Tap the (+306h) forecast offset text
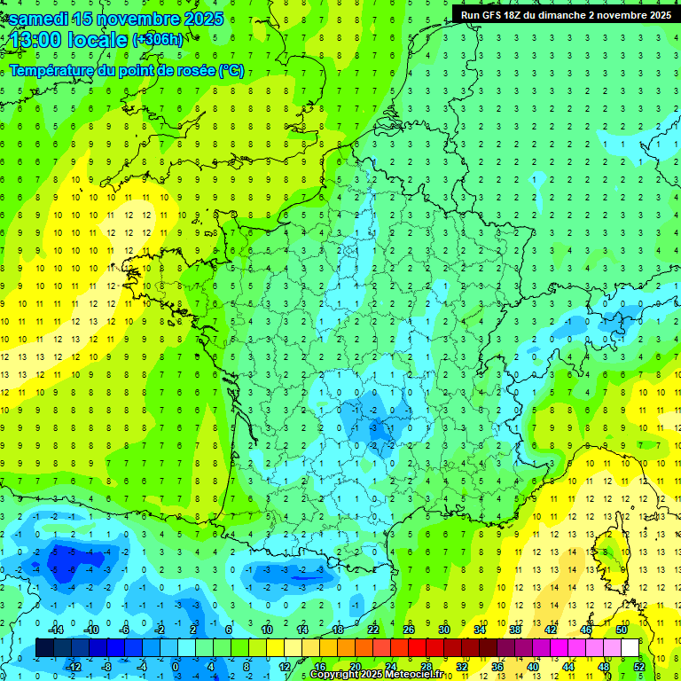(x=157, y=40)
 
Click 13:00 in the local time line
(x=35, y=40)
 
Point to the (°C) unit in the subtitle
(x=231, y=71)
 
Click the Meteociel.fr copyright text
(x=377, y=675)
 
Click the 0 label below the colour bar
(x=176, y=666)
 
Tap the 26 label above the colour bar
(x=409, y=630)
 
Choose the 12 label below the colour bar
(x=283, y=666)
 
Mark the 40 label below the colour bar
(x=533, y=666)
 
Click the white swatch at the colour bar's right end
(x=630, y=647)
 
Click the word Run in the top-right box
(x=471, y=14)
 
